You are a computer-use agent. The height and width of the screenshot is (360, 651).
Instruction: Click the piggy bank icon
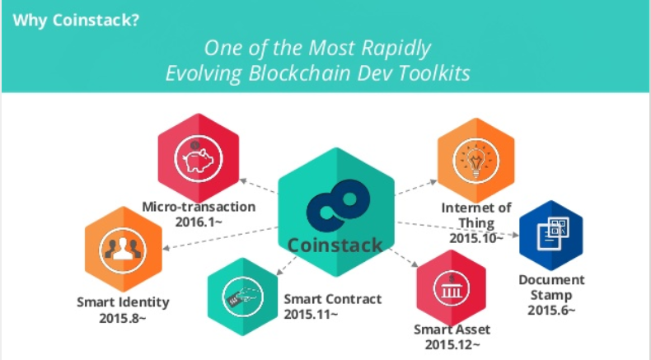(198, 158)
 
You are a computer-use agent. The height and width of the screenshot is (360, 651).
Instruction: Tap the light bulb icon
(475, 161)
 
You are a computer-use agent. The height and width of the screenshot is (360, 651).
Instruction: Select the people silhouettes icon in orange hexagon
(123, 250)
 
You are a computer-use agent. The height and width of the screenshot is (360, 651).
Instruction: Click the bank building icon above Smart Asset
(452, 288)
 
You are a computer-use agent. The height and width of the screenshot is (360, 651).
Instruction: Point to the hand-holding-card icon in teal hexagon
(243, 297)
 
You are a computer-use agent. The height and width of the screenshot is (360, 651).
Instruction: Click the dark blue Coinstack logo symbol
(338, 205)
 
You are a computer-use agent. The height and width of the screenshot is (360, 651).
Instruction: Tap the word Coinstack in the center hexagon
(335, 245)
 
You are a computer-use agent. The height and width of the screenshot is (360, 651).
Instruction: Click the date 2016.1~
(199, 222)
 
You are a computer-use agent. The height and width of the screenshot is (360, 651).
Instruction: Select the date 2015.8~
(123, 318)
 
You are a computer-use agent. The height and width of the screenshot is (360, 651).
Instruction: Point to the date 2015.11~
(311, 314)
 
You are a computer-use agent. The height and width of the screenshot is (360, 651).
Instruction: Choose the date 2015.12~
(452, 344)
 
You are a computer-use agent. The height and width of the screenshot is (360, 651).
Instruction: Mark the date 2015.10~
(475, 238)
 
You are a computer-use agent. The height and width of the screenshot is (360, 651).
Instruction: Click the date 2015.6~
(551, 310)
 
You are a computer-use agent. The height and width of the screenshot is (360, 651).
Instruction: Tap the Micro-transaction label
(199, 207)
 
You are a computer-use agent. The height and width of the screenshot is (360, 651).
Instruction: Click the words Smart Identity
(123, 302)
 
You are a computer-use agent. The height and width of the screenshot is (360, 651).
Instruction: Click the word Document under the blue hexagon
(551, 279)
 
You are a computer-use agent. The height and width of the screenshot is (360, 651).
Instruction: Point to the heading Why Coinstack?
(76, 20)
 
